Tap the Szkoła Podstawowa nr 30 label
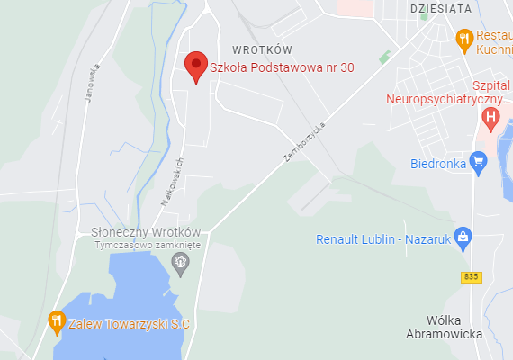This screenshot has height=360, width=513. coord(282,67)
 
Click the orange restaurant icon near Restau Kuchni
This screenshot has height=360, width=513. coord(464,39)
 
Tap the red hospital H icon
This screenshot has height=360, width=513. coord(490,116)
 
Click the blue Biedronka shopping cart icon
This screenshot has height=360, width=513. coord(479,163)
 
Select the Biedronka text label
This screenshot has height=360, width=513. coord(437,164)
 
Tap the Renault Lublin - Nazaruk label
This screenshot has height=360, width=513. coord(383,240)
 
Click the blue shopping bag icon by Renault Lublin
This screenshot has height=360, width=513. coord(463,238)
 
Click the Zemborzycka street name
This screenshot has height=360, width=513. coord(303,143)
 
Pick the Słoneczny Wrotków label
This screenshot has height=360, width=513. coord(146,231)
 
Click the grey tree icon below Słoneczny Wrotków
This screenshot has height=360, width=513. coord(181,262)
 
